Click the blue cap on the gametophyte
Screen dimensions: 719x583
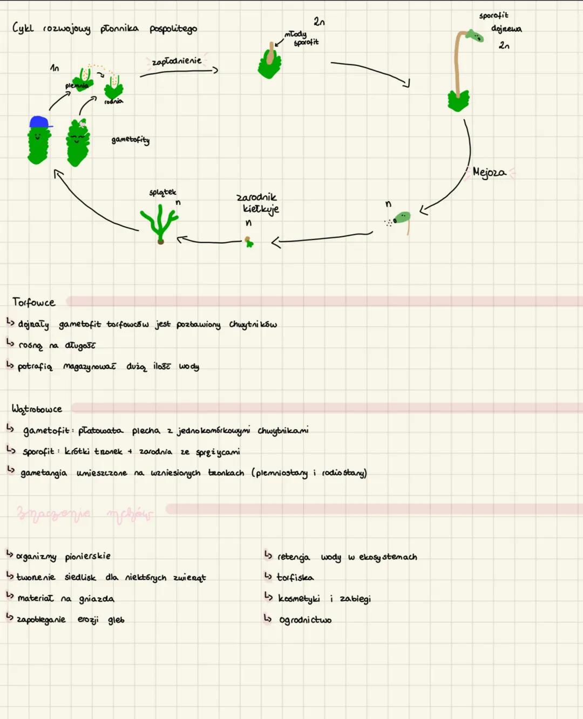point(40,122)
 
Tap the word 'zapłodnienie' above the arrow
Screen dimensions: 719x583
point(177,61)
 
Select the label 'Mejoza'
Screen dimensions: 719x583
point(489,173)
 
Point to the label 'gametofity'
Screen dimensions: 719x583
point(130,140)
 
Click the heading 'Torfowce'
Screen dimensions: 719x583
point(33,303)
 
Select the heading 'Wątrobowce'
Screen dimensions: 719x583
point(37,409)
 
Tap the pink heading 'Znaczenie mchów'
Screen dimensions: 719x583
point(84,513)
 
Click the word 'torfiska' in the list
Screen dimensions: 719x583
point(295,578)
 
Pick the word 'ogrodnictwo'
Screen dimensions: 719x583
point(305,620)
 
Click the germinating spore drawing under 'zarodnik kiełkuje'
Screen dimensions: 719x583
point(248,242)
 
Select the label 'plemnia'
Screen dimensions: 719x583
point(76,86)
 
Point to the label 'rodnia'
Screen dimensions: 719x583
point(113,101)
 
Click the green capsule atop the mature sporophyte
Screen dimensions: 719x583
point(474,36)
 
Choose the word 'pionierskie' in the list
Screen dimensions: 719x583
point(87,556)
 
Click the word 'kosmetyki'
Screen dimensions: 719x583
point(299,599)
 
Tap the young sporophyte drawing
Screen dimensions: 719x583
point(269,62)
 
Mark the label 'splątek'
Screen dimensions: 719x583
point(162,193)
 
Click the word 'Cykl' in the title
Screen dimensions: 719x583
point(23,28)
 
